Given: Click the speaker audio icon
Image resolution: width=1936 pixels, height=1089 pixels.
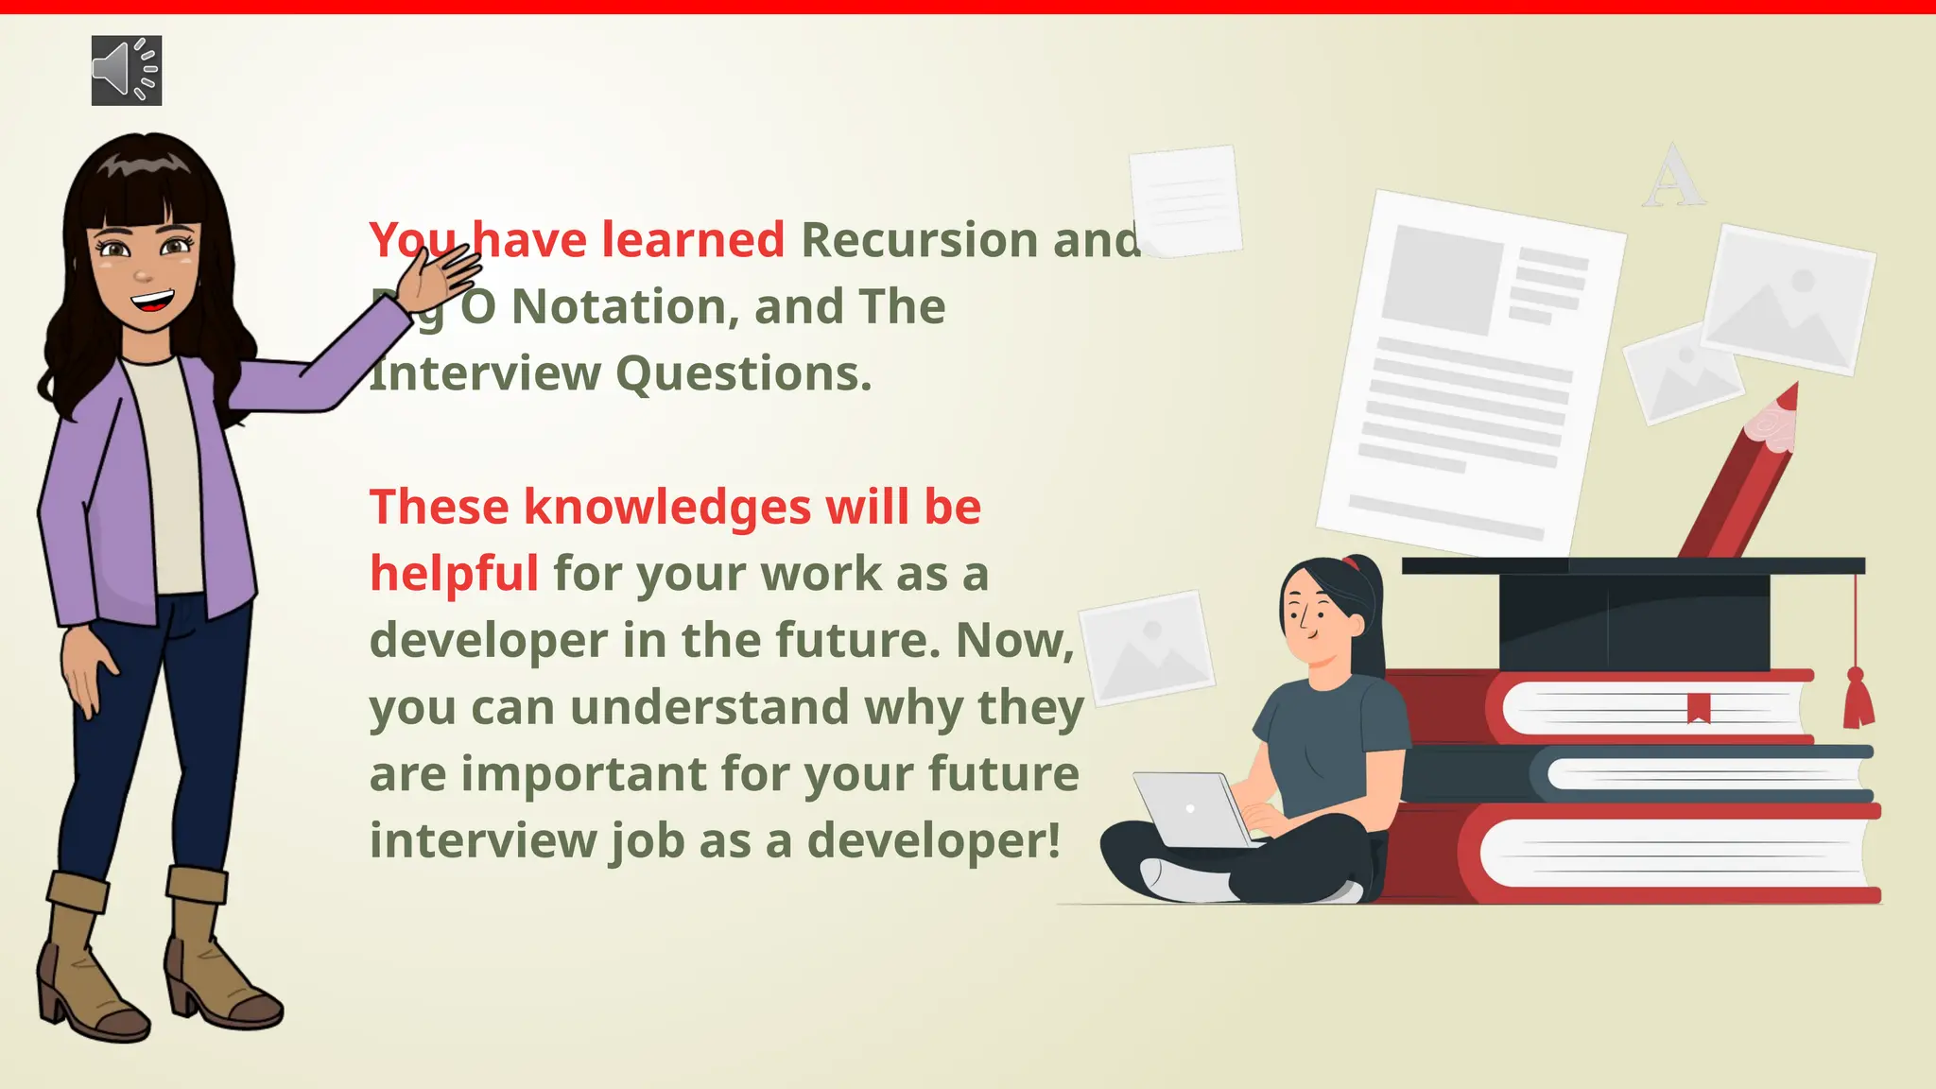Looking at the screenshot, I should point(127,71).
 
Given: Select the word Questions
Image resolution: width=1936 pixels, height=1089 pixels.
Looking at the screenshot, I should point(743,373).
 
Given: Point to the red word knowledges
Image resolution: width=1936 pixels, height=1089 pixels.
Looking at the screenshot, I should point(667,508).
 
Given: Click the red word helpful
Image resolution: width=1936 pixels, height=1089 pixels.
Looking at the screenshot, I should point(454,574).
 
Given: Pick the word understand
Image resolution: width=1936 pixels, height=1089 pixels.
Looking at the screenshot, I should point(709,708).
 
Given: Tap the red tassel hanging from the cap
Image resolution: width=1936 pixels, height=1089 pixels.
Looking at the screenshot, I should point(1858,700).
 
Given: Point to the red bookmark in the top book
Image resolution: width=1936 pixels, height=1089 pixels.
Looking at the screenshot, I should point(1699,707).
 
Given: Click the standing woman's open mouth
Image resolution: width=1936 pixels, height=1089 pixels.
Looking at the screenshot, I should point(152,302).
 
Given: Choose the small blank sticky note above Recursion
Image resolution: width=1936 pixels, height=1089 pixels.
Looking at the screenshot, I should point(1185,199).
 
